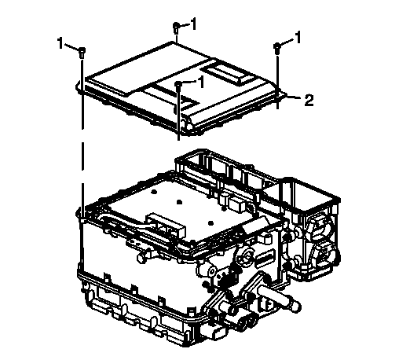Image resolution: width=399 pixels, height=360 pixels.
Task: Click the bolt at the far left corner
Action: tap(82, 53)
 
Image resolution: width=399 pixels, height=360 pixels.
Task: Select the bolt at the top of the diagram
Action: tap(177, 28)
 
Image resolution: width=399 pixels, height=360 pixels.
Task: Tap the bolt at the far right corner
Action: tap(277, 49)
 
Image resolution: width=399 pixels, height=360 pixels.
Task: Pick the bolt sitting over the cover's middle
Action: tap(178, 86)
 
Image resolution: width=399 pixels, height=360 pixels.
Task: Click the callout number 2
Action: tap(309, 100)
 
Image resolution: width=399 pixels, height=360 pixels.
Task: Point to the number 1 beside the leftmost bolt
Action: tap(60, 43)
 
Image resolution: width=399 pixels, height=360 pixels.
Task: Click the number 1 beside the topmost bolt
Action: tap(193, 24)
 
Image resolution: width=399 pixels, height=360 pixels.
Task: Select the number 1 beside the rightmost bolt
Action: tap(298, 37)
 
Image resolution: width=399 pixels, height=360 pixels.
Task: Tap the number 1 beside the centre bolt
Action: tap(201, 82)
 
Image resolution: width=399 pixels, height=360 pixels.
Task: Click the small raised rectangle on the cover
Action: tap(227, 75)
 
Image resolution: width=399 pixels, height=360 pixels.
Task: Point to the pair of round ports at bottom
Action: tap(247, 321)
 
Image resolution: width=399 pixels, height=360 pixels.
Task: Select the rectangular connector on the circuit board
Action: tap(166, 226)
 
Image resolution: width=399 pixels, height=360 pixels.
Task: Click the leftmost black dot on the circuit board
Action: tap(154, 192)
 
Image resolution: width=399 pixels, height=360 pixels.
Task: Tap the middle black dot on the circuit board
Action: tap(179, 202)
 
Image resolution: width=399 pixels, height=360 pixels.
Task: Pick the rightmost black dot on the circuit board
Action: tap(210, 223)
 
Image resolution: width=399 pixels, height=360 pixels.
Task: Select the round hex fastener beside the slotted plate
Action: tap(245, 257)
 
